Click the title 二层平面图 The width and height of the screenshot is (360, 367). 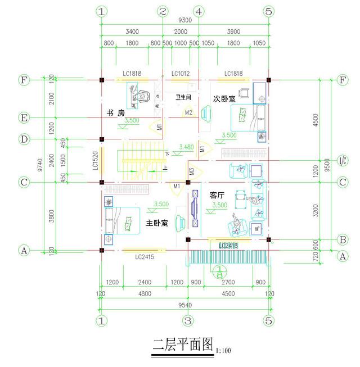[x=183, y=343]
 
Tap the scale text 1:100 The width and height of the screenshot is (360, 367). [x=224, y=351]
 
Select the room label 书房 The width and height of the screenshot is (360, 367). [x=115, y=113]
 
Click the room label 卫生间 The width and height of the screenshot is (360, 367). [x=184, y=97]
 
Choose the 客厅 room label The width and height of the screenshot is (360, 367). [x=217, y=195]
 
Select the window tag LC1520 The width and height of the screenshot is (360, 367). [x=96, y=161]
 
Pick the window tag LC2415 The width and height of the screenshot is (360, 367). [x=145, y=257]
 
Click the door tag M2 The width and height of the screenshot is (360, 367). [x=190, y=113]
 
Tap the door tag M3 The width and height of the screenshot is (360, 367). [x=191, y=172]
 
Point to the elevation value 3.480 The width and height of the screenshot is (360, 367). [x=186, y=147]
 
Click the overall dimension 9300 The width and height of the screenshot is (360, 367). [x=185, y=20]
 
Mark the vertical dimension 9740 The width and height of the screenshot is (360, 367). [x=37, y=164]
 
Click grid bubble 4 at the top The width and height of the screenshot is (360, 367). [x=199, y=11]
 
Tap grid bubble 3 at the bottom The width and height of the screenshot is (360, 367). [x=188, y=321]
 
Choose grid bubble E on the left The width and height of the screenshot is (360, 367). [x=24, y=118]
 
